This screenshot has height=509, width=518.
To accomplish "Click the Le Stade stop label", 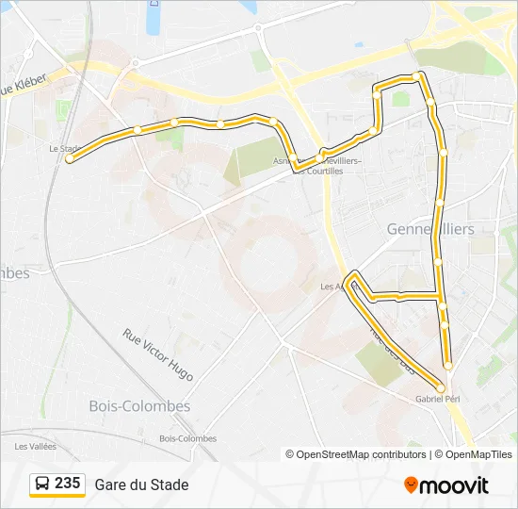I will [63, 148].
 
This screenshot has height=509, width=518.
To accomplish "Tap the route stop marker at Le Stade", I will [70, 159].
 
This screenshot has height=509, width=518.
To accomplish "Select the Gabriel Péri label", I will [437, 400].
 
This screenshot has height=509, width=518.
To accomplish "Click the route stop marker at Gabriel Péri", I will [440, 387].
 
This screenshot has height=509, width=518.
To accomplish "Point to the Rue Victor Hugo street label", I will [157, 354].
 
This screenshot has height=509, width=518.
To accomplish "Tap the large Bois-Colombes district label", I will [139, 406].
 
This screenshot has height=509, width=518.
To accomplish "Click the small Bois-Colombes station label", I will [187, 438].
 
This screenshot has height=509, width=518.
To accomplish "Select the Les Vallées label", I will [35, 446].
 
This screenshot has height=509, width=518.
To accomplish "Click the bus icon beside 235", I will [41, 484].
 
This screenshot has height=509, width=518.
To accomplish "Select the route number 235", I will [67, 484].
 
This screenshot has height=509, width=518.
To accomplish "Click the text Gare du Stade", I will [141, 484].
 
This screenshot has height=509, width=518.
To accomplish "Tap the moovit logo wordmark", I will [454, 485].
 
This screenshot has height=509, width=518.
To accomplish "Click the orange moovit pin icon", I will [411, 485].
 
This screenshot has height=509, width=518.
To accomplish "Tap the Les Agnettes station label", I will [332, 287].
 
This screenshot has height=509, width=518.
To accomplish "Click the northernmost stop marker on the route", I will [416, 75].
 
